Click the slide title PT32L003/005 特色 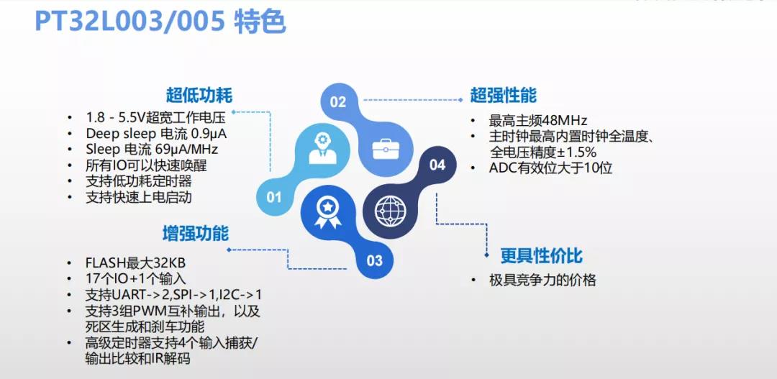click(160, 22)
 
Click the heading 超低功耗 click(199, 95)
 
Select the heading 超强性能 click(504, 95)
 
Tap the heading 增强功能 click(196, 233)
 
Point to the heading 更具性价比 click(541, 255)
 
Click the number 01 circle click(273, 198)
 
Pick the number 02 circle click(337, 102)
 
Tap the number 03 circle click(375, 260)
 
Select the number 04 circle click(437, 165)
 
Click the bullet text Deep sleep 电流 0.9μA click(157, 134)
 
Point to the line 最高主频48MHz click(538, 120)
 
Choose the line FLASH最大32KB click(135, 263)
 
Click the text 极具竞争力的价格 click(542, 280)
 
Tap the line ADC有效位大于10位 click(550, 168)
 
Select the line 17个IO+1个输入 click(136, 279)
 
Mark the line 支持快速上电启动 click(139, 197)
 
